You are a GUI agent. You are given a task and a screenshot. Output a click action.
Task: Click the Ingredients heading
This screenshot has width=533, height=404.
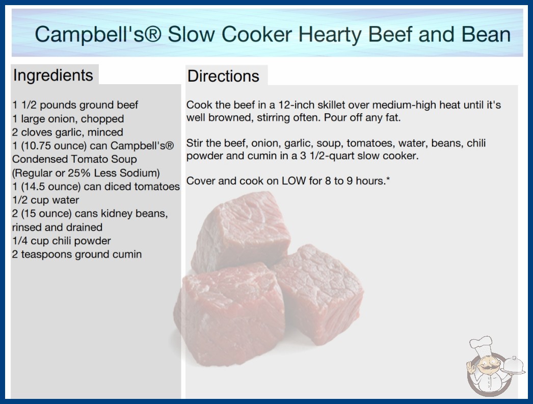click(53, 75)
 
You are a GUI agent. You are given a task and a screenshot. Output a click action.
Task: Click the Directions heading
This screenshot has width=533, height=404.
click(223, 76)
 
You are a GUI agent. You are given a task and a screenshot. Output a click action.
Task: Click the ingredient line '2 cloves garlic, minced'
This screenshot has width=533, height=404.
click(68, 132)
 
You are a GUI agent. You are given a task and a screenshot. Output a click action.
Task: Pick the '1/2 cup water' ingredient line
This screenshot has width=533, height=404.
click(45, 200)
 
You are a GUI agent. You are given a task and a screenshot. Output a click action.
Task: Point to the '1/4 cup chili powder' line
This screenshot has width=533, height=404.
click(62, 241)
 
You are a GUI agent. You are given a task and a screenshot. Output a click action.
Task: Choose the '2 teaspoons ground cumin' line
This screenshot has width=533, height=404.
click(77, 254)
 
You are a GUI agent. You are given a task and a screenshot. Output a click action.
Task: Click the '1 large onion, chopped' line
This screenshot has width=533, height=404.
click(68, 118)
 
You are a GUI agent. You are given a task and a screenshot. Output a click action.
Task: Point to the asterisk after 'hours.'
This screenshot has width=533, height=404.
click(388, 179)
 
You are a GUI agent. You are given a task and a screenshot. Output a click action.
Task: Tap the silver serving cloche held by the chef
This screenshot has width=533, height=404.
click(514, 366)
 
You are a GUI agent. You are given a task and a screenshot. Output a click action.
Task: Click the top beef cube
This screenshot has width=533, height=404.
click(241, 232)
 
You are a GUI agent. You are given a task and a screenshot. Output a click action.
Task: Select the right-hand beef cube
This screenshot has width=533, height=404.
click(318, 293)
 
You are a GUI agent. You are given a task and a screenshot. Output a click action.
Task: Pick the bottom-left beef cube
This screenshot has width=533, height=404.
click(229, 315)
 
